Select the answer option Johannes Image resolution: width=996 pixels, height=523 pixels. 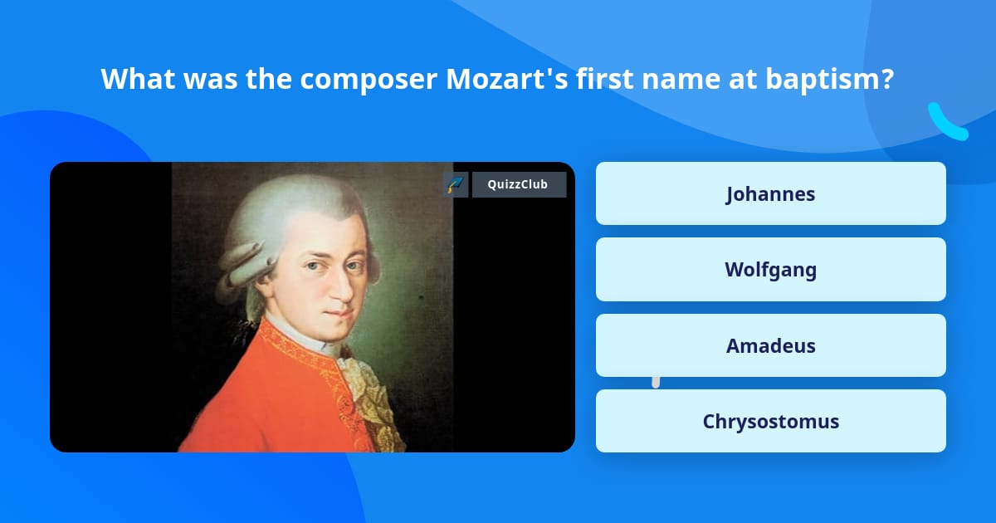(770, 193)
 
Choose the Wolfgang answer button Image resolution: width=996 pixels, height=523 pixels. (770, 270)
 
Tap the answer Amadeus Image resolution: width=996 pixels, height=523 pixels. (770, 345)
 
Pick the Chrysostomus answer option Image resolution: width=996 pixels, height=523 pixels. (770, 421)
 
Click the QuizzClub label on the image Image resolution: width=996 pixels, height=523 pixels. (519, 184)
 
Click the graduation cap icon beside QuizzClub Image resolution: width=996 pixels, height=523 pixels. (456, 184)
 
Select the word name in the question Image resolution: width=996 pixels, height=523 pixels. (693, 79)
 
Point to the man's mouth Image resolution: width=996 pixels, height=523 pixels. (337, 312)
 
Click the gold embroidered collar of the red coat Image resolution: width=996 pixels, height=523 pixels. (290, 349)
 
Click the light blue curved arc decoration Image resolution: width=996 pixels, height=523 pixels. (946, 122)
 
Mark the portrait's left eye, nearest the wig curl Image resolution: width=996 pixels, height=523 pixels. (312, 267)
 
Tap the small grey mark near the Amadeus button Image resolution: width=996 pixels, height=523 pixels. (656, 381)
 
